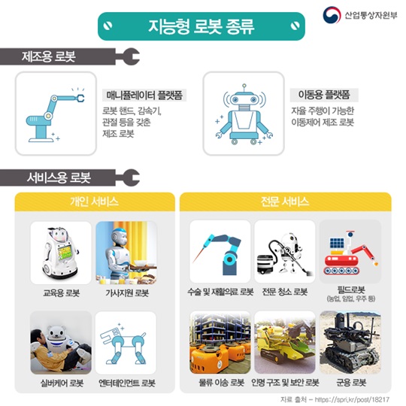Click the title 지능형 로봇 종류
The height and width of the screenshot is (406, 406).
pos(201,26)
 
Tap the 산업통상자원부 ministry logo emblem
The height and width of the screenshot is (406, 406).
pos(332,15)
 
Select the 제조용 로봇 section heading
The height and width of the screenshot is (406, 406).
pos(49,56)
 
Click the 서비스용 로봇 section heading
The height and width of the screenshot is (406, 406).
pos(59,177)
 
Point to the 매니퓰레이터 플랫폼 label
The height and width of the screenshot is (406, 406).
pos(144,95)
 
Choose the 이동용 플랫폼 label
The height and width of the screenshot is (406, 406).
pos(324,95)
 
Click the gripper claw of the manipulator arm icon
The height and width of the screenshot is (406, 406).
pos(80,98)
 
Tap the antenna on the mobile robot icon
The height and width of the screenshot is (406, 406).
pos(244,87)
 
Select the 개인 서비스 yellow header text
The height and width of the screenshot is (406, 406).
pos(94,201)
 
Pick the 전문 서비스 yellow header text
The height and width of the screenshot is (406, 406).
pos(285,201)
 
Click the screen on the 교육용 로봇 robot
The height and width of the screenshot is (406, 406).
pos(65,253)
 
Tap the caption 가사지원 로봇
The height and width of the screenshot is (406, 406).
pos(127,293)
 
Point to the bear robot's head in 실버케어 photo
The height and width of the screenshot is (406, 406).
pos(56,333)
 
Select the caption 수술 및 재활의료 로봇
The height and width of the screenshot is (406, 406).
pos(220,292)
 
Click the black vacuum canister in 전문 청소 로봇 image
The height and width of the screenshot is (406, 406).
pos(265,264)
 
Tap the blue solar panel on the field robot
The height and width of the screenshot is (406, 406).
pos(337,243)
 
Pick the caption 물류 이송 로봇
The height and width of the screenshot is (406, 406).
pos(221,383)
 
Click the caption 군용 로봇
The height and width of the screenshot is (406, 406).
pos(351,383)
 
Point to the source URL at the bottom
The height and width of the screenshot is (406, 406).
pos(352,399)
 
